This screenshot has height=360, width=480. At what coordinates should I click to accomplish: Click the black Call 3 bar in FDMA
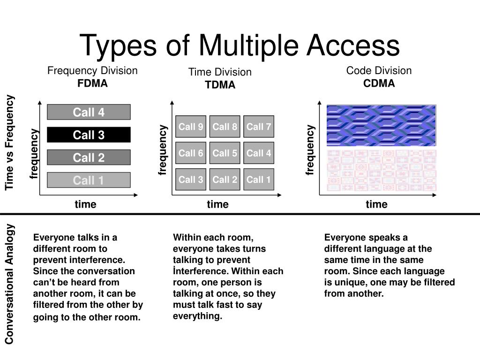click(89, 135)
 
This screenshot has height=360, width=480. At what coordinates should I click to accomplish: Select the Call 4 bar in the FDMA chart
click(89, 112)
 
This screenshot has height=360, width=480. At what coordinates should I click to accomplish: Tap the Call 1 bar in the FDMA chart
click(89, 180)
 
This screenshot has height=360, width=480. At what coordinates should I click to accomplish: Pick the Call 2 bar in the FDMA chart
click(89, 157)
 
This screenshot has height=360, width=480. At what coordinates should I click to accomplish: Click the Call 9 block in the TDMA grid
click(191, 127)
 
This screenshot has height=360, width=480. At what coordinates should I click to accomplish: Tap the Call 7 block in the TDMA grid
click(259, 127)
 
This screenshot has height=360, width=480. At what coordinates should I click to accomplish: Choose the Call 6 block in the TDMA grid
click(191, 153)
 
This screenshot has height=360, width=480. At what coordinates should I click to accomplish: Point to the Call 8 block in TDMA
click(225, 127)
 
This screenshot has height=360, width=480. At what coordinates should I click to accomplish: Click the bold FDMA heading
click(92, 83)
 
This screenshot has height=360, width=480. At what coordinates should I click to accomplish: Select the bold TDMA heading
click(220, 85)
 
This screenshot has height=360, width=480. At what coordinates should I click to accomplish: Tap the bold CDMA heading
click(379, 83)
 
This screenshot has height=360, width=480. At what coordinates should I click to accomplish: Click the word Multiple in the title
click(248, 46)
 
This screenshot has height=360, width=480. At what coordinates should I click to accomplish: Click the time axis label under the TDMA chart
click(217, 204)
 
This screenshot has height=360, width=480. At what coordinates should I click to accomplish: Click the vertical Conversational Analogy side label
click(9, 284)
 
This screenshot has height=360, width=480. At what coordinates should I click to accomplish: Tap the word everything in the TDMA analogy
click(197, 316)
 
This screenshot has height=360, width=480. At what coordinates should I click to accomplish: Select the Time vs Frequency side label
click(9, 142)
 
